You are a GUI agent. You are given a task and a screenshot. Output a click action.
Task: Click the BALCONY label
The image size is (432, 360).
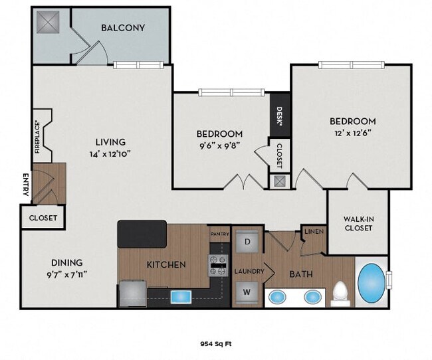[x=123, y=28]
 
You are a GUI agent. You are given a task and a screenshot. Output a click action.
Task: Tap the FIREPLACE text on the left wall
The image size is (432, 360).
[x=38, y=137]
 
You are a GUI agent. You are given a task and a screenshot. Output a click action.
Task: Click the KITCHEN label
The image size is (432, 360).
[x=166, y=264]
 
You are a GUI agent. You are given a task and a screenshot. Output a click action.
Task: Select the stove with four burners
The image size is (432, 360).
[x=219, y=265]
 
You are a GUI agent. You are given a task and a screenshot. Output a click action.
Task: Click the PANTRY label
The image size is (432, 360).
[x=219, y=234]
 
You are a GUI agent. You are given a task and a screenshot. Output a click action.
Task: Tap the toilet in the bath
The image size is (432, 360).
[x=340, y=292]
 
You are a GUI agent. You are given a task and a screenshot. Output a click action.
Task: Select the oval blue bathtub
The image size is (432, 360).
[x=372, y=283]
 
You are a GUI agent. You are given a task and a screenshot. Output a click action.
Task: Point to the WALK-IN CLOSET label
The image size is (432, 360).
[x=358, y=223]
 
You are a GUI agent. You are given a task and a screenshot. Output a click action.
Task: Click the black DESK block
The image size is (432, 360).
[x=279, y=118]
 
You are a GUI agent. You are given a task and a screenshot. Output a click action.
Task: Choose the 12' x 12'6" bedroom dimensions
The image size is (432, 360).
[x=353, y=133]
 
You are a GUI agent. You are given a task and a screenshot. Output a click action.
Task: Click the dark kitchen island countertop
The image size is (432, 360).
[x=142, y=234]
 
